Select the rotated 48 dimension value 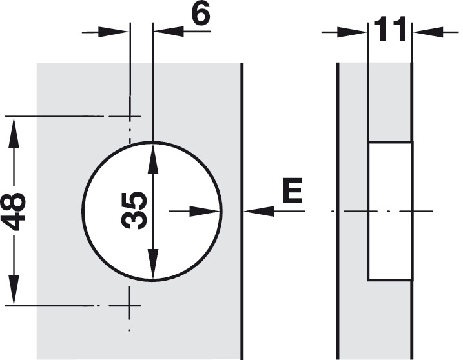(14, 211)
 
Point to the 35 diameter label (135, 210)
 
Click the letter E (293, 190)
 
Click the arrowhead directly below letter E (259, 211)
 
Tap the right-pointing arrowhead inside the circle (204, 211)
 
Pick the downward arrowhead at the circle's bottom (153, 264)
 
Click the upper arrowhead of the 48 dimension (14, 132)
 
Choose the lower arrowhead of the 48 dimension (14, 290)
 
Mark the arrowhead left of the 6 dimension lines (114, 32)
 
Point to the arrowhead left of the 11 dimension (352, 32)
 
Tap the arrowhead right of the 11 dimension (428, 32)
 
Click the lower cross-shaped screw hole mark (129, 305)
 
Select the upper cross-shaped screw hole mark (129, 117)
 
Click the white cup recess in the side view (390, 211)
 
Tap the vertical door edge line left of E (242, 211)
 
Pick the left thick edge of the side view (338, 211)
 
